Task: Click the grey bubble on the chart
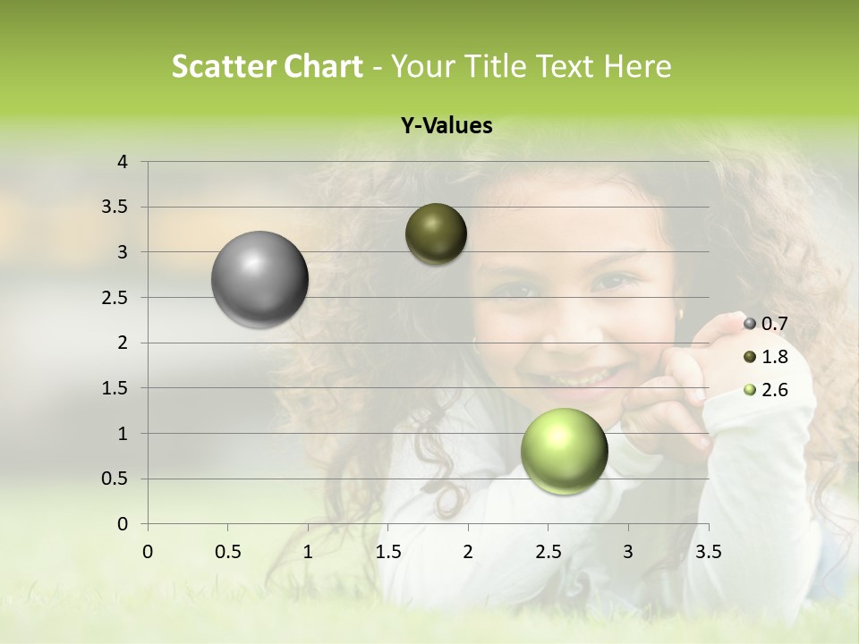tap(259, 279)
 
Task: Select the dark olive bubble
tap(436, 233)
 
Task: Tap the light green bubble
tap(564, 451)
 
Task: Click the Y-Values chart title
tap(447, 126)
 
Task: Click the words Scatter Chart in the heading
tap(267, 66)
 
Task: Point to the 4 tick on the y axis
tap(123, 162)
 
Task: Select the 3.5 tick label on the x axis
tap(708, 551)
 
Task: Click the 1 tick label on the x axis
tap(308, 551)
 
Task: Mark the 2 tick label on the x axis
tap(468, 551)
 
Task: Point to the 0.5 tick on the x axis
tap(227, 551)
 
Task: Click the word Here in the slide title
tap(636, 66)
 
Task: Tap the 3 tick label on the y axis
tap(123, 252)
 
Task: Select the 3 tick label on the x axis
tap(628, 551)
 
